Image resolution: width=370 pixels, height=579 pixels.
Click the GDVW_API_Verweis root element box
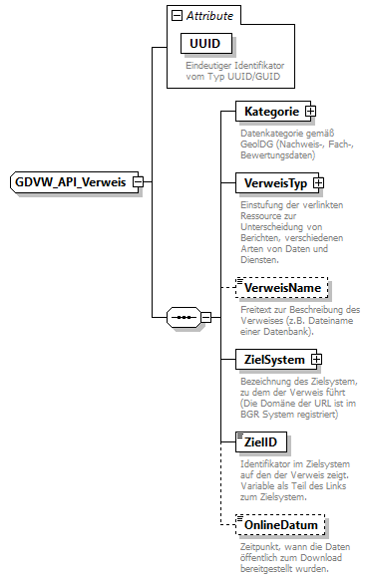(70, 182)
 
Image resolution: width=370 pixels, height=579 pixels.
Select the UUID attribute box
(203, 44)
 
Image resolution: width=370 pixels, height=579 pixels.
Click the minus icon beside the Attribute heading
(177, 16)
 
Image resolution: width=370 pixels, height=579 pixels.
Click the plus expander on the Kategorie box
(310, 112)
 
